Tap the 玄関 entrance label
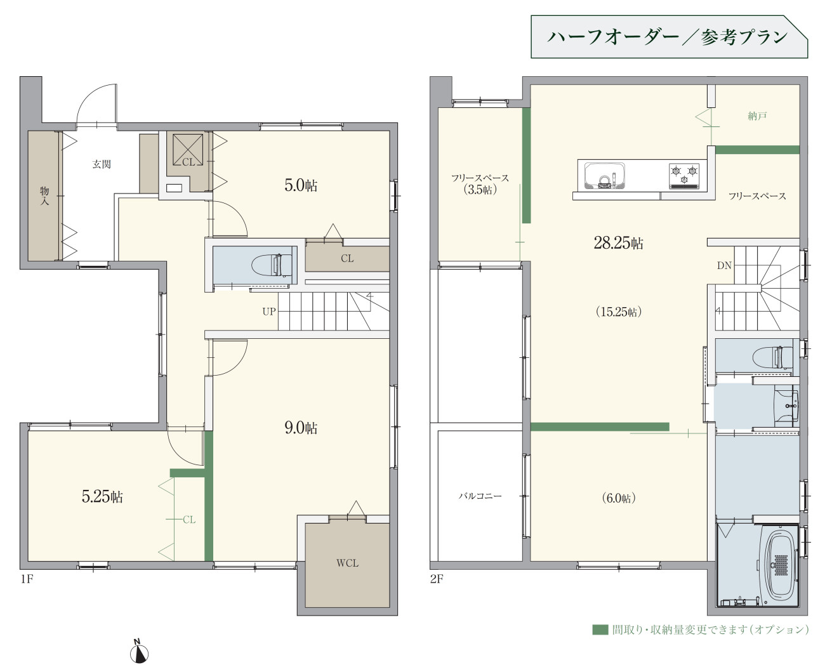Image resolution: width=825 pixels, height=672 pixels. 102,164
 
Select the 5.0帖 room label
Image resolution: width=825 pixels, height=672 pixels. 301,185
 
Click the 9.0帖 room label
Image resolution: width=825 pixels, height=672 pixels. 301,428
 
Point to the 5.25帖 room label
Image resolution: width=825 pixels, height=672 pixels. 102,497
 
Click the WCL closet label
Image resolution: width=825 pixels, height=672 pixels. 347,563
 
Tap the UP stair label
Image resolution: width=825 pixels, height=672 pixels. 269,312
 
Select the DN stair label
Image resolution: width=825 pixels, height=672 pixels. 724,266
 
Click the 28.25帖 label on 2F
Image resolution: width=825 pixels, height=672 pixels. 619,243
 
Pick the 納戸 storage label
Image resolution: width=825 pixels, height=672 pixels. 757,116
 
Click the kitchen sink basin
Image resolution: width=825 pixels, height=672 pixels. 605,176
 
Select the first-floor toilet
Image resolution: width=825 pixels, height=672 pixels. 272,265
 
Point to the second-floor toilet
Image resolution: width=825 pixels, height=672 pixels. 772,357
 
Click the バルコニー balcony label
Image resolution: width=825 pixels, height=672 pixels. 480,496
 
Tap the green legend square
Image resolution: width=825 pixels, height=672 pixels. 600,629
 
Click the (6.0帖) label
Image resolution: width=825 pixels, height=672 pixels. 619,497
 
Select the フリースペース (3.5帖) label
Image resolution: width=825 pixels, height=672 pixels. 480,183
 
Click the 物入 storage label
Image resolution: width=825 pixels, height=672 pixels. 44,195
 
